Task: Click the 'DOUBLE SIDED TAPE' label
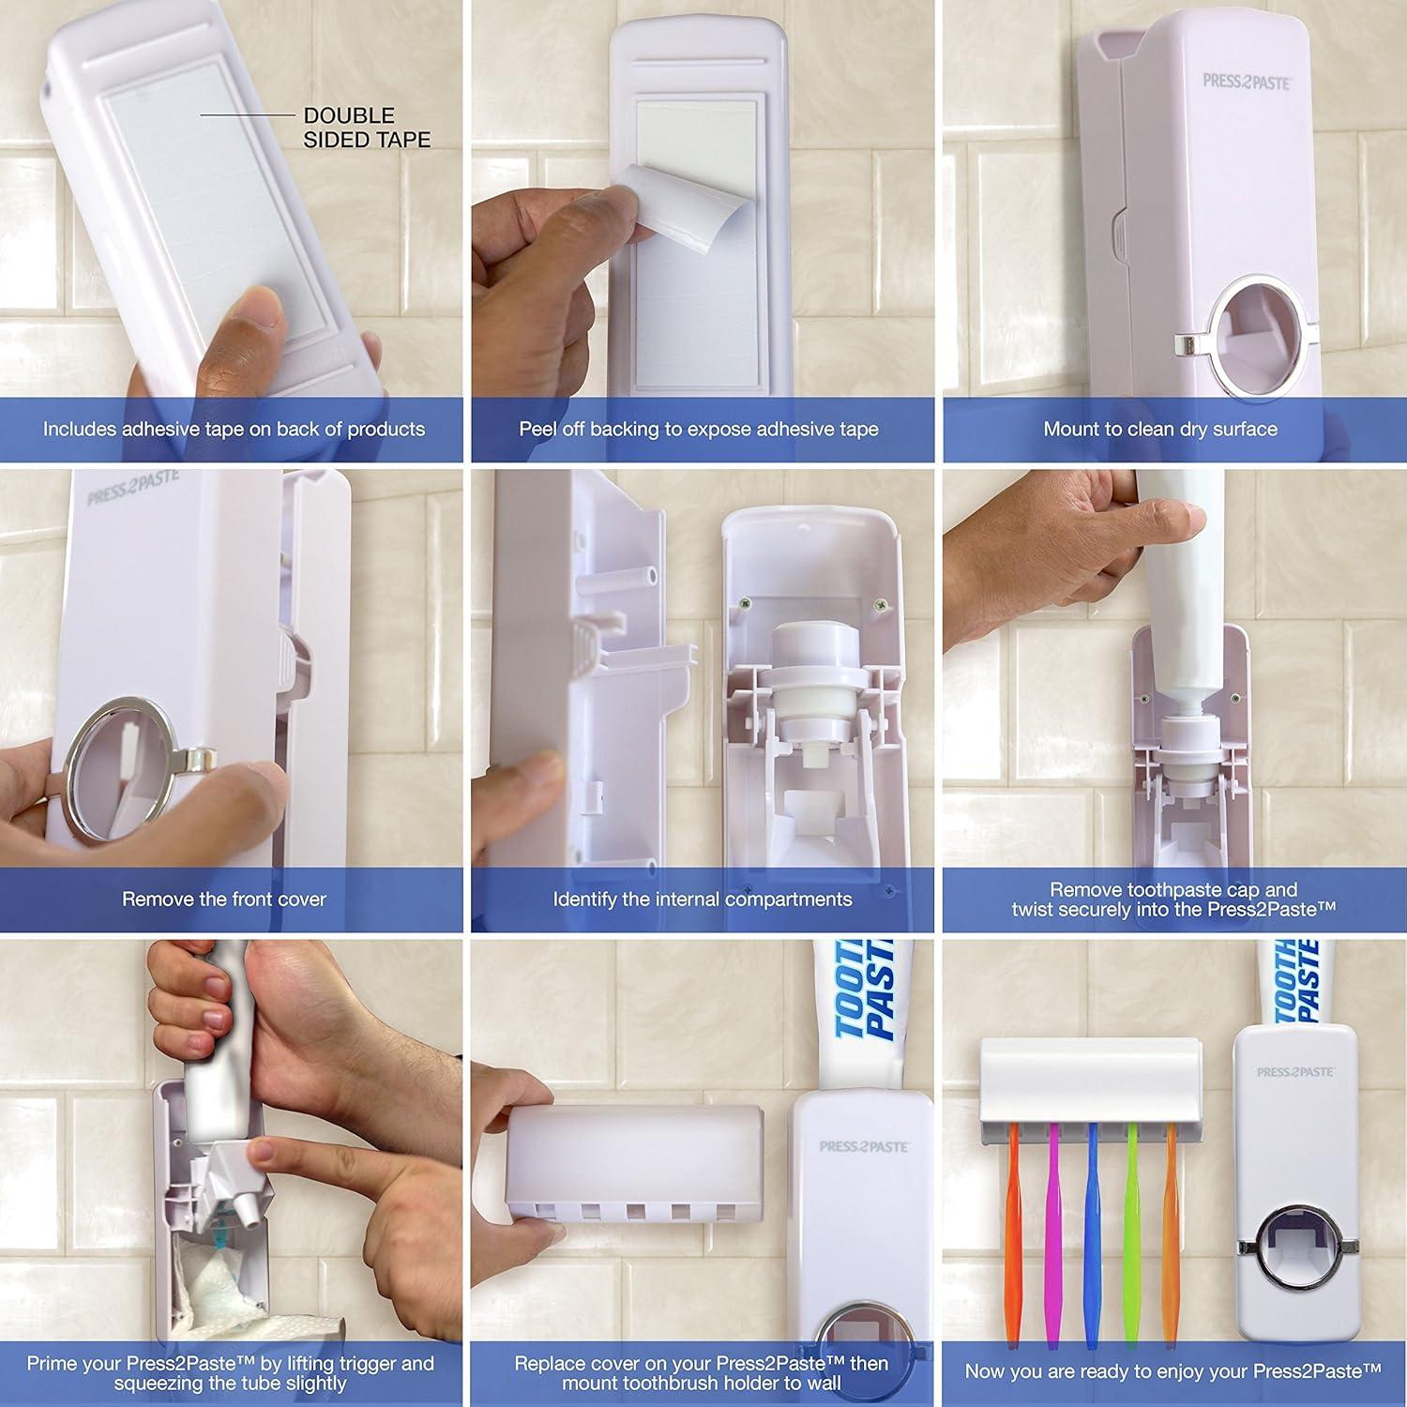pos(366,128)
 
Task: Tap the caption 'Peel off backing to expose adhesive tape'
pos(699,430)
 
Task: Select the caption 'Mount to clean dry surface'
pos(1160,430)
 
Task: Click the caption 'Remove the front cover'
pos(224,900)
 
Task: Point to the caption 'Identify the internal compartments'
pos(702,900)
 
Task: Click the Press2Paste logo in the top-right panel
pos(1247,82)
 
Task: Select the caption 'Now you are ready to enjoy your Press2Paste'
pos(1173,1370)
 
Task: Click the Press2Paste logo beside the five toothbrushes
pos(1294,1071)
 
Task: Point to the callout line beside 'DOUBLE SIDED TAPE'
pos(246,115)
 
